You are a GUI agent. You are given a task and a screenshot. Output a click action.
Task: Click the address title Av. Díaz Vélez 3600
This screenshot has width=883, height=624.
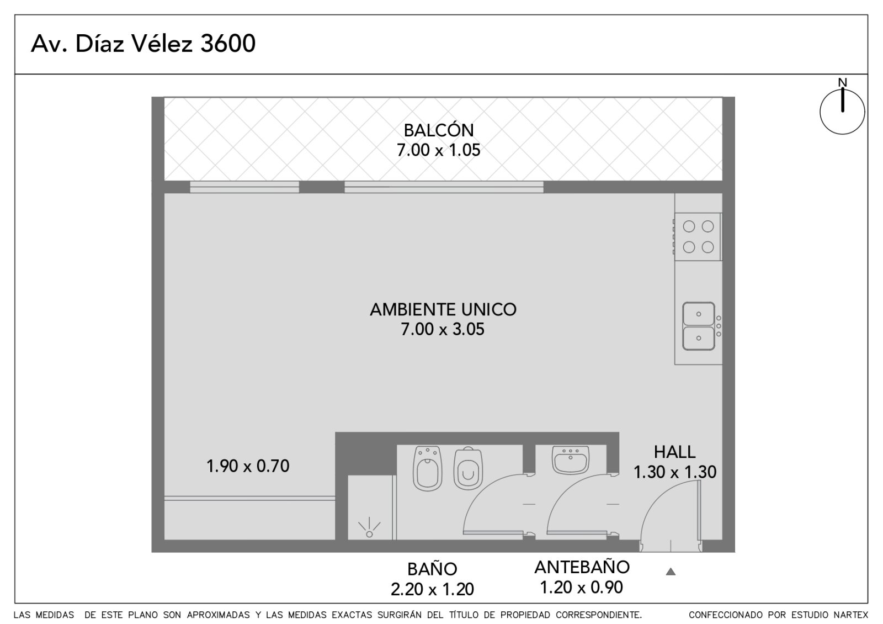coord(143,43)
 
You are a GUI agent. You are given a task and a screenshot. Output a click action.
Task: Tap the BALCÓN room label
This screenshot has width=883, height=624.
coord(438,130)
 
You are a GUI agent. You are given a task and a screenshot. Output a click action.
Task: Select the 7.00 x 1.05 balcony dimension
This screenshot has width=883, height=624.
coord(438,150)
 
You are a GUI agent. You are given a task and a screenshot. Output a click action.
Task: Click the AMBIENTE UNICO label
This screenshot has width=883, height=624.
coord(443,310)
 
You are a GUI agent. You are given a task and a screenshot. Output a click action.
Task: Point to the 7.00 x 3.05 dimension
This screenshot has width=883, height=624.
coord(442,329)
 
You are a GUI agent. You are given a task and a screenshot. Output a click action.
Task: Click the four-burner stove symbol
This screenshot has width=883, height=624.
coord(698,237)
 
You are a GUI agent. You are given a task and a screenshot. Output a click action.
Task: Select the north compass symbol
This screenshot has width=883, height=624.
coord(842,110)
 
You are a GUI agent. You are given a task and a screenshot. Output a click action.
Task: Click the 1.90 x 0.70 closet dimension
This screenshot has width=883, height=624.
coord(248,466)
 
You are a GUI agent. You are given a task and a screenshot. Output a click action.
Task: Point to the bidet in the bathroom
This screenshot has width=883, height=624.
coord(427,468)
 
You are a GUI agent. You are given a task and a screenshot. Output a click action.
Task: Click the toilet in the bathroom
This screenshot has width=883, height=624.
coord(468,468)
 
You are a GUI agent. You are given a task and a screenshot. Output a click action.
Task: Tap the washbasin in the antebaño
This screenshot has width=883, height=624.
coord(571,459)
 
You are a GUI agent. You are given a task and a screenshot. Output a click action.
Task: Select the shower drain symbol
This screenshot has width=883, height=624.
coord(369,528)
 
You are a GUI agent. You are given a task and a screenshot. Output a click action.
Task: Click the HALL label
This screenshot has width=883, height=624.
coord(674,452)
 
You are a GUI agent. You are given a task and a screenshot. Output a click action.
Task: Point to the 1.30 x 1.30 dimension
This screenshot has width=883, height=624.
coord(674,472)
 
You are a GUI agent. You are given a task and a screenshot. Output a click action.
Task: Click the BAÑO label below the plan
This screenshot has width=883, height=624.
coord(432,569)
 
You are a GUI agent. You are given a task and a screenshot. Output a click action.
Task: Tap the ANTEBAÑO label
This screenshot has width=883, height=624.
coord(582,567)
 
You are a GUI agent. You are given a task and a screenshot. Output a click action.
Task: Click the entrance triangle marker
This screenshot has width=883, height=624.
coord(671,572)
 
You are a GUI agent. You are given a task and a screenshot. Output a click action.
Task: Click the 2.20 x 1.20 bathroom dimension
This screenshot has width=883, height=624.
coord(432,589)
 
